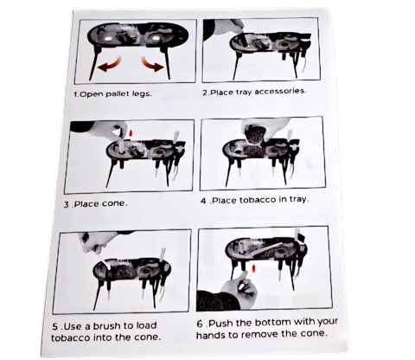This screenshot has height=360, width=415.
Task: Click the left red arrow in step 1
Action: pyautogui.click(x=109, y=65)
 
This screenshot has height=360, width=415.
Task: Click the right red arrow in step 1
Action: pyautogui.click(x=153, y=65)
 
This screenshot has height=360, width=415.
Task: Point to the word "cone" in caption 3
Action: pyautogui.click(x=115, y=203)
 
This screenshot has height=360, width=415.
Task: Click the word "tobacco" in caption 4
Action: pyautogui.click(x=257, y=200)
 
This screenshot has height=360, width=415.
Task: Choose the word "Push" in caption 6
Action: pyautogui.click(x=221, y=324)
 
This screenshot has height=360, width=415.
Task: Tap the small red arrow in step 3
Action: pyautogui.click(x=131, y=133)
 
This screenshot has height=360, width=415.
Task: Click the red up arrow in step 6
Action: pyautogui.click(x=253, y=268)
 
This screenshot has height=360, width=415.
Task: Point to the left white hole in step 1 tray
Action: pyautogui.click(x=109, y=39)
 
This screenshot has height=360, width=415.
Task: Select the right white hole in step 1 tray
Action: pyautogui.click(x=156, y=38)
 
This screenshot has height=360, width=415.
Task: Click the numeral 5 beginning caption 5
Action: pyautogui.click(x=55, y=327)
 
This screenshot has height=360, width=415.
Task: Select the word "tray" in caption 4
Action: pyautogui.click(x=298, y=199)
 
